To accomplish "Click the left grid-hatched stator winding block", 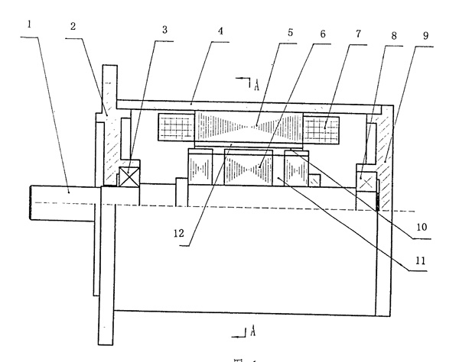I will click(x=175, y=127).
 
